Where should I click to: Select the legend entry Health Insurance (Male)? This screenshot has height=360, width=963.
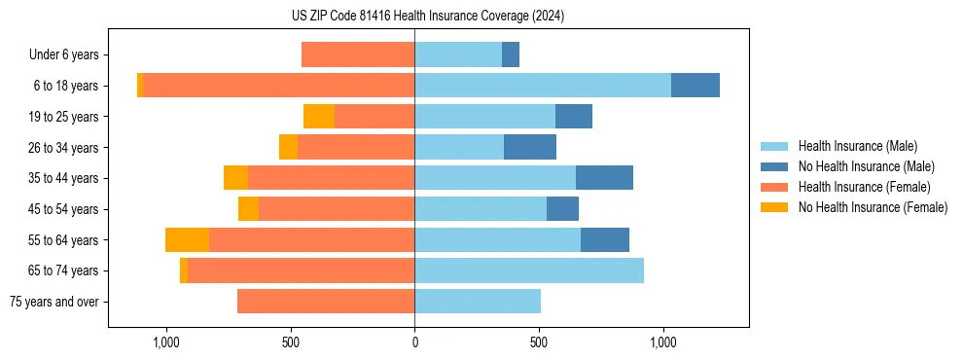856,146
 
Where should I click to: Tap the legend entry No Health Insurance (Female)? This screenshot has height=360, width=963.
873,207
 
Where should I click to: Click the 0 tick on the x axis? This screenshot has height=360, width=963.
414,342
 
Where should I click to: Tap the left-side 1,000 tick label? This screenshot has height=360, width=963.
165,342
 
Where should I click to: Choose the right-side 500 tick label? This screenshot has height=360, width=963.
539,342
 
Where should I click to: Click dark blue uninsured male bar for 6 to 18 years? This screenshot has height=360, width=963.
695,86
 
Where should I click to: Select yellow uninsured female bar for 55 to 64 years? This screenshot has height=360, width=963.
187,240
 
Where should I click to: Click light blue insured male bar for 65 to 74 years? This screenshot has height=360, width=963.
529,270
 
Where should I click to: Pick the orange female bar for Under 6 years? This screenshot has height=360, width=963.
358,54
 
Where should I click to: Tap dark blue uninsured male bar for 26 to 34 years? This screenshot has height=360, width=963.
530,147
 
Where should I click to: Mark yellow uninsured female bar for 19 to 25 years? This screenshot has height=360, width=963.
319,117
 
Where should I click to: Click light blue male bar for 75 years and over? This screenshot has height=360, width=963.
478,302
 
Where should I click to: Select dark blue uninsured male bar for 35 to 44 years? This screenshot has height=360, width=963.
604,178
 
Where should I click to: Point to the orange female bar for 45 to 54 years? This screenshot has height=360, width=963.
337,209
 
